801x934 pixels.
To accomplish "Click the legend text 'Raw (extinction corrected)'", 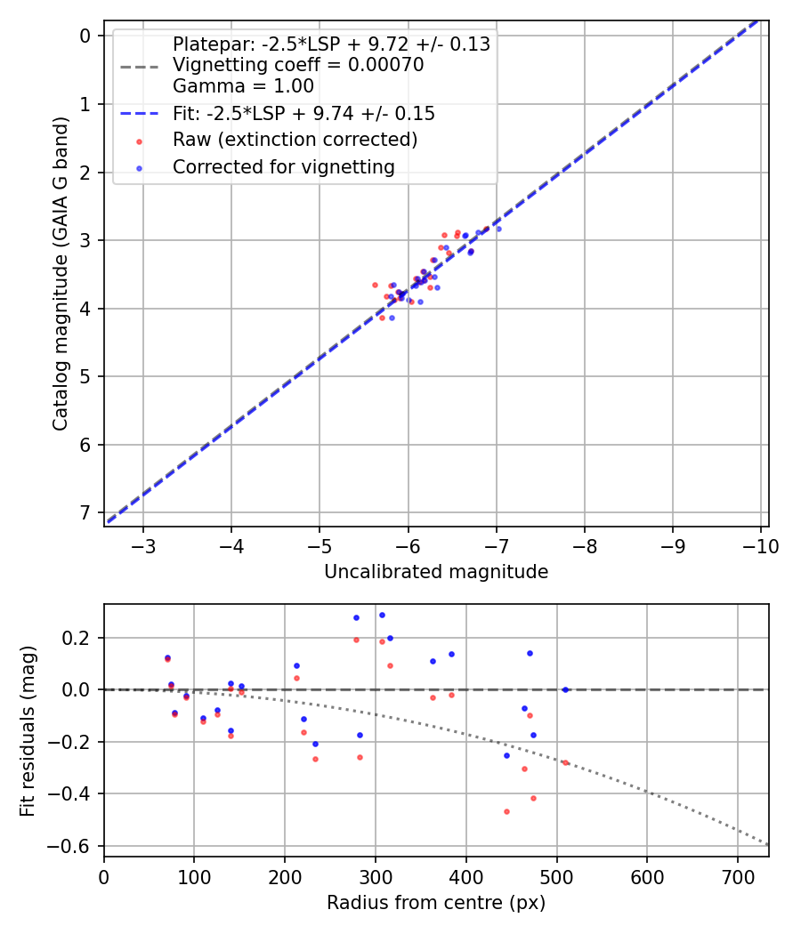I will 295,140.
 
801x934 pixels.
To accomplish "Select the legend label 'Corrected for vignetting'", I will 283,166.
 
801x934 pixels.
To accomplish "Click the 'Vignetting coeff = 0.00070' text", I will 298,65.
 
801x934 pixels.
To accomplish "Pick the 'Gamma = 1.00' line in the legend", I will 243,86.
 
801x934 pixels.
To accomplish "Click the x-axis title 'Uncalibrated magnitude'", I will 436,572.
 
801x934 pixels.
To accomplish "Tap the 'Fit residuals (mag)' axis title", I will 27,730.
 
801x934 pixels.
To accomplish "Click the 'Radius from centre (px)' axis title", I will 436,903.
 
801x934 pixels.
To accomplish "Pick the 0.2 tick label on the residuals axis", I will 78,638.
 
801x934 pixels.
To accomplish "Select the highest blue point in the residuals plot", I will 382,615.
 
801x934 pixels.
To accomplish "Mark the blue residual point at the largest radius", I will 565,689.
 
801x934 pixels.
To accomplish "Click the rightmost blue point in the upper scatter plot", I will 498,229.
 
